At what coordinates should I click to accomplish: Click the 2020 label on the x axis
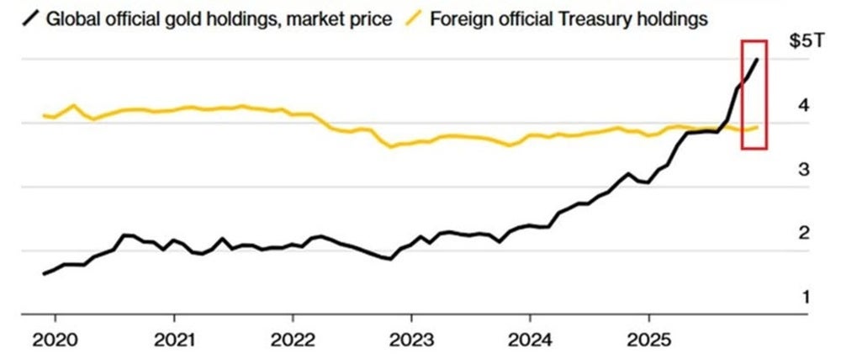[x=56, y=343]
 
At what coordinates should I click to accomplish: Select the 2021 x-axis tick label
[x=174, y=343]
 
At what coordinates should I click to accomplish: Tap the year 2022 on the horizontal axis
[x=293, y=343]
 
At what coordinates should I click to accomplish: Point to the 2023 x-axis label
[x=411, y=343]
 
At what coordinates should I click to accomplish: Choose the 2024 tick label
[x=530, y=343]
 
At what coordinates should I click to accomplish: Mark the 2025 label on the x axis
[x=648, y=343]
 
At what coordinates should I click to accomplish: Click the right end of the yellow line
[x=759, y=127]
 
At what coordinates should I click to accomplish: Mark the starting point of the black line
[x=44, y=273]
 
